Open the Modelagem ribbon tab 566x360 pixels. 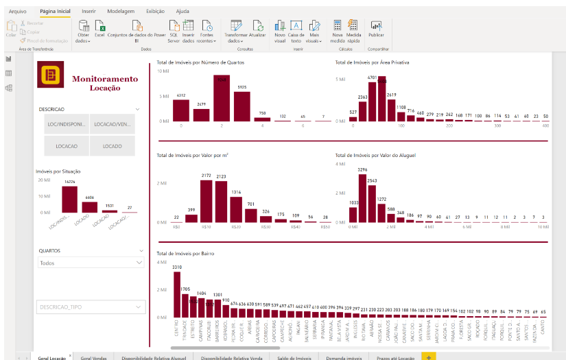[121, 12]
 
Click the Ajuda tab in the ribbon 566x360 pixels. [182, 12]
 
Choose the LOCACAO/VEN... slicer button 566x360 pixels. [113, 124]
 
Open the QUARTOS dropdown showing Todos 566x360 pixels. [90, 263]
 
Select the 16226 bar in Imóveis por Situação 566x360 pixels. [69, 200]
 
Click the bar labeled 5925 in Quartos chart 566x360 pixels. [242, 106]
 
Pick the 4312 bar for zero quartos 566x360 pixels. [181, 110]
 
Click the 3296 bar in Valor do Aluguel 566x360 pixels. [363, 200]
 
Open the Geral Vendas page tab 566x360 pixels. [94, 357]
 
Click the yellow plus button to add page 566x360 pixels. [429, 357]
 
